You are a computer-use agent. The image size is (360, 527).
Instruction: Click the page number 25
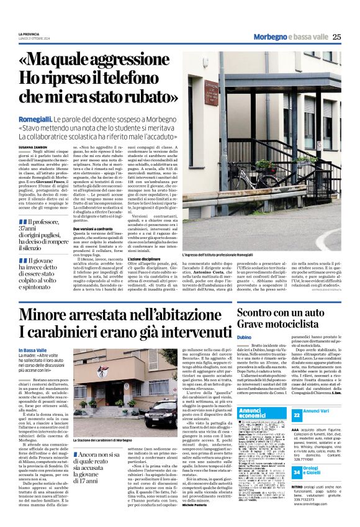tap(337, 37)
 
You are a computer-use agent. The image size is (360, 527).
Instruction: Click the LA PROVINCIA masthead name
tap(30, 33)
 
